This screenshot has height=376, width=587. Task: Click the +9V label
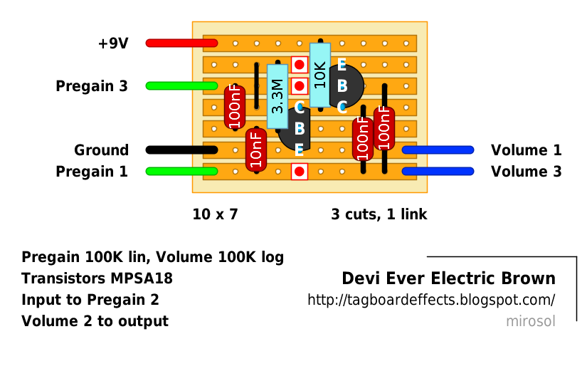(x=112, y=43)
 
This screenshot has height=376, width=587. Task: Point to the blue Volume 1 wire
(x=438, y=150)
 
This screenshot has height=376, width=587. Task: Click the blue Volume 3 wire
(x=438, y=172)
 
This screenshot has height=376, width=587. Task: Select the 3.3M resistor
(x=277, y=96)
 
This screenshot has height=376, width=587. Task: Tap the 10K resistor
(x=320, y=75)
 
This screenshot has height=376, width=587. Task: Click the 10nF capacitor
(x=255, y=150)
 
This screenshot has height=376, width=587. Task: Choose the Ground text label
(x=101, y=150)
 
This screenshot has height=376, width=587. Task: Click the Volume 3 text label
(x=526, y=172)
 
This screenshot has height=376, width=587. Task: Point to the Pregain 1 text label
(x=92, y=172)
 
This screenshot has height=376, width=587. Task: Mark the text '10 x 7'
(x=215, y=214)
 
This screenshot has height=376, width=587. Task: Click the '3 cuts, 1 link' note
(x=379, y=214)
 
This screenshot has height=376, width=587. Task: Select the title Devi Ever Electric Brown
(x=448, y=278)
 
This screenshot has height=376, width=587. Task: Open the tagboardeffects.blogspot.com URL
(x=430, y=300)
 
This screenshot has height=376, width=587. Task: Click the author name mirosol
(x=530, y=321)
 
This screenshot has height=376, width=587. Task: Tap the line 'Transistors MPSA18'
(x=97, y=278)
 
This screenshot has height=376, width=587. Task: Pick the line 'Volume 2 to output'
(x=95, y=321)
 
